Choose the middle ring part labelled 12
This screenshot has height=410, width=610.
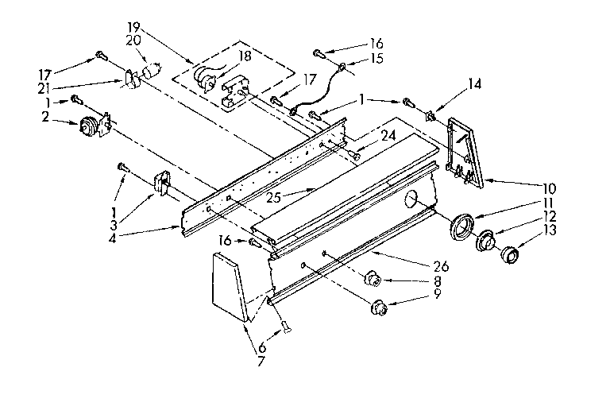pyautogui.click(x=486, y=240)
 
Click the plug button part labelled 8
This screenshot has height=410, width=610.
pyautogui.click(x=371, y=280)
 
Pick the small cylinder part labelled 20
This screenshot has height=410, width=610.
pyautogui.click(x=149, y=72)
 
